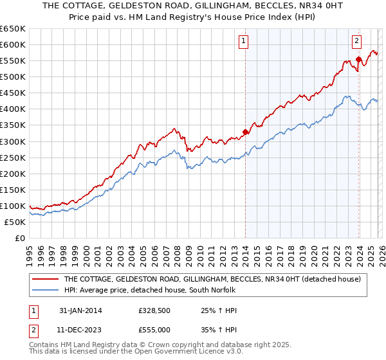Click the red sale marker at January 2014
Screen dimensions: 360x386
coord(245,132)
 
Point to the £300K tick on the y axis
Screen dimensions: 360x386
coord(14,141)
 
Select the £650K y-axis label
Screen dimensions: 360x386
coord(14,29)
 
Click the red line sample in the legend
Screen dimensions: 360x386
coord(44,280)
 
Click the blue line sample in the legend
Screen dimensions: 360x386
coord(44,291)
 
